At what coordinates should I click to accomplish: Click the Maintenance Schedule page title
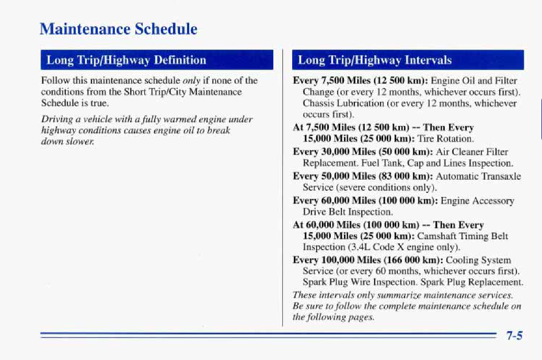[x=119, y=29]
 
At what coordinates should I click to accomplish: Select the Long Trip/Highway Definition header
[x=126, y=60]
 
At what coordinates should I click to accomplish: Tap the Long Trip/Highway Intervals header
[x=375, y=60]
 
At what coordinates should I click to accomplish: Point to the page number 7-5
[x=514, y=335]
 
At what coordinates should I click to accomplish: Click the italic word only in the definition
[x=191, y=80]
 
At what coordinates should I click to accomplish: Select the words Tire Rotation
[x=445, y=138]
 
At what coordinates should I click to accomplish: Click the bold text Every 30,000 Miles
[x=334, y=152]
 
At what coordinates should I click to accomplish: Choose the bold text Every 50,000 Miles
[x=334, y=176]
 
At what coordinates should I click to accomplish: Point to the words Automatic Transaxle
[x=478, y=176]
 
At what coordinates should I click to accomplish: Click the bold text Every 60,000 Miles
[x=334, y=201]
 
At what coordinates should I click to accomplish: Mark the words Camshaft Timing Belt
[x=463, y=236]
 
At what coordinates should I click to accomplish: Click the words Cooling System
[x=478, y=260]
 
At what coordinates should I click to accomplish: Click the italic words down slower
[x=67, y=141]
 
